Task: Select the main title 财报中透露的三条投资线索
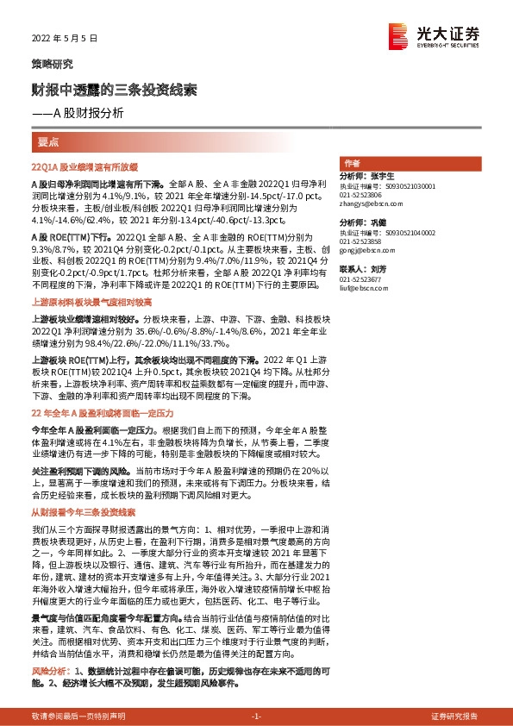click(x=114, y=90)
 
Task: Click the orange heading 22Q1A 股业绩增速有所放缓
click(x=84, y=164)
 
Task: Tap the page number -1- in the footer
click(x=256, y=717)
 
